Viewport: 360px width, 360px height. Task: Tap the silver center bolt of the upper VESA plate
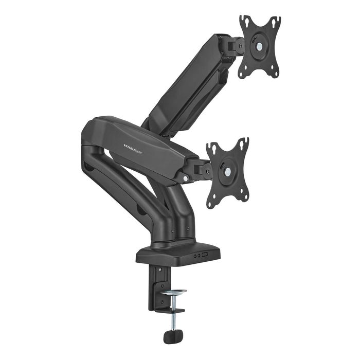click(260, 46)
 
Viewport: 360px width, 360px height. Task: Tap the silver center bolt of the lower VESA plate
click(227, 172)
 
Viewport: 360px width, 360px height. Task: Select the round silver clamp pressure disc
click(173, 293)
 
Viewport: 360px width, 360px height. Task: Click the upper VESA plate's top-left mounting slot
click(245, 21)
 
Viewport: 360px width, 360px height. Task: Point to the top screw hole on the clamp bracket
click(158, 269)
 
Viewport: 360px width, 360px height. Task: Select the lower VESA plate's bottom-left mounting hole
click(211, 203)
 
